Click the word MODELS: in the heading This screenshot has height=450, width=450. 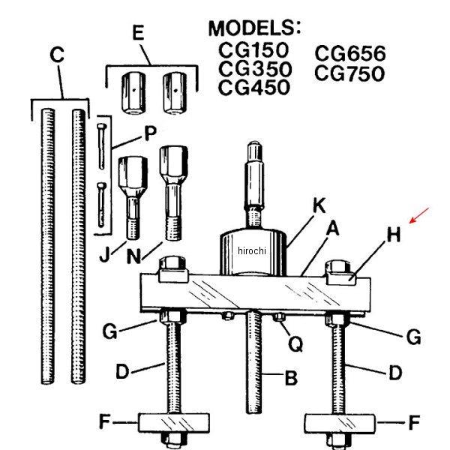[x=255, y=28]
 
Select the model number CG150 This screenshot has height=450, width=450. [x=253, y=49]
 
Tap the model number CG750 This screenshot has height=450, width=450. [x=349, y=73]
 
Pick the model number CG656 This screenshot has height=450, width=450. [x=350, y=53]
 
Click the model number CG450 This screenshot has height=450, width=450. [x=254, y=87]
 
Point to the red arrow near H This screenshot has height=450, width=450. [x=419, y=215]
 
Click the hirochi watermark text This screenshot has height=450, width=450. [x=252, y=250]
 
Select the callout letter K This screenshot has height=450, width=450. [x=319, y=205]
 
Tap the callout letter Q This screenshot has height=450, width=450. [x=295, y=343]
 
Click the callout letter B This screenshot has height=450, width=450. [x=291, y=378]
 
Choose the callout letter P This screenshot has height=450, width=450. [x=151, y=133]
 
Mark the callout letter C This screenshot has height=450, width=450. [x=57, y=55]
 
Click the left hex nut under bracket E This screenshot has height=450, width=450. [x=133, y=93]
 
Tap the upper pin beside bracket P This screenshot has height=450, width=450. [x=101, y=146]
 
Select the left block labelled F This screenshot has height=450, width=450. [x=174, y=422]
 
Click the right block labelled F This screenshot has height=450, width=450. [x=340, y=423]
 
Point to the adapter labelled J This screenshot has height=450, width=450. [x=133, y=197]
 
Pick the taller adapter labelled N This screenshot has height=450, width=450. [x=174, y=193]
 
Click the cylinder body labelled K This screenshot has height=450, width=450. [x=253, y=252]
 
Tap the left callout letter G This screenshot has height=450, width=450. [x=110, y=331]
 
